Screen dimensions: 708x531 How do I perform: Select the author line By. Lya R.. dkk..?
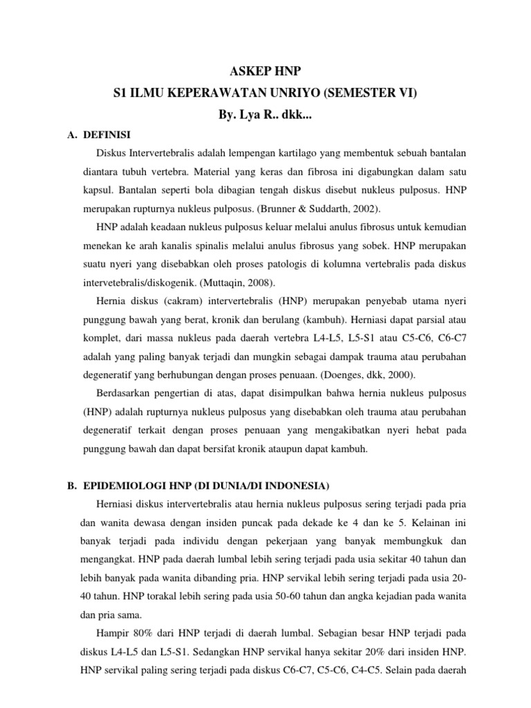(265, 113)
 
